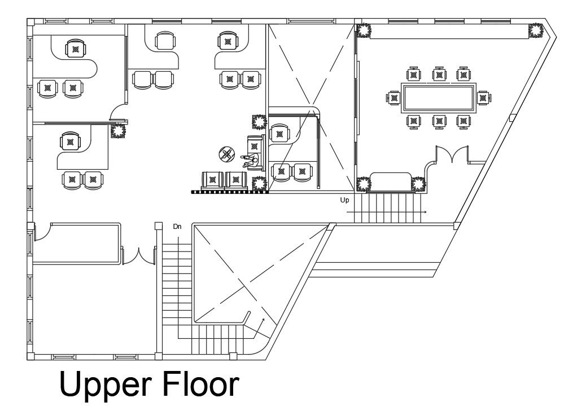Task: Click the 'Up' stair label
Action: tap(344, 200)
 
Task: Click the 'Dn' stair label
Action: tap(177, 227)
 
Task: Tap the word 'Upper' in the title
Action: tap(105, 385)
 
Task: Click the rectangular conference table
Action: tap(438, 98)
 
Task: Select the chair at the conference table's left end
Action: tap(394, 98)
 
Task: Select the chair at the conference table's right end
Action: tap(483, 98)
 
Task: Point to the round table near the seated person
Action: tap(227, 154)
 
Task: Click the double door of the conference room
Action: tap(452, 153)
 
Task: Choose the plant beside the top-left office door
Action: tap(118, 131)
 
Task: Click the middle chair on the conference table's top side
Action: tap(439, 74)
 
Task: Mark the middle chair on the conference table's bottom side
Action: tap(439, 121)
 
